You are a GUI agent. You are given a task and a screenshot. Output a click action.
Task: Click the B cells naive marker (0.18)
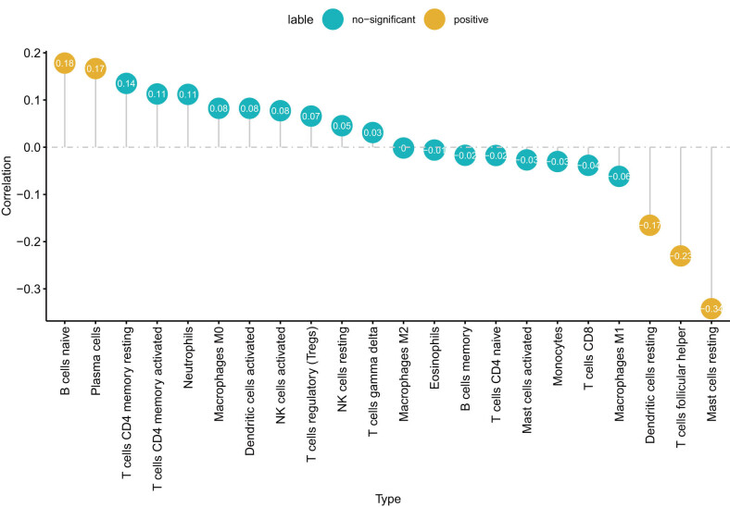[65, 63]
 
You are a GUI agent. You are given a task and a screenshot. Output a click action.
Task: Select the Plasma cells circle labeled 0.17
[95, 68]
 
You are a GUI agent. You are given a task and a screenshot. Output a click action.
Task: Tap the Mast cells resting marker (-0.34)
[711, 308]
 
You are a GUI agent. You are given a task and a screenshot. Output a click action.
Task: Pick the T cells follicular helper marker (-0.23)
[680, 255]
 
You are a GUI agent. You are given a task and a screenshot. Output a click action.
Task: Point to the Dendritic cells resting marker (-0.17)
[649, 225]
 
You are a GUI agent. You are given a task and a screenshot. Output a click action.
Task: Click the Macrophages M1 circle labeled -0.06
[619, 176]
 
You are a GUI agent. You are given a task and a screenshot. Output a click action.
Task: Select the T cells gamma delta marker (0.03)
[372, 132]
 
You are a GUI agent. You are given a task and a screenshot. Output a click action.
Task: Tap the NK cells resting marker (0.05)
[342, 125]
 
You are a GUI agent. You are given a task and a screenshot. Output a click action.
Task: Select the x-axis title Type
[388, 498]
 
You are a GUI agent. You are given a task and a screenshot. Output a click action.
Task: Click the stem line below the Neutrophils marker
[188, 126]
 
